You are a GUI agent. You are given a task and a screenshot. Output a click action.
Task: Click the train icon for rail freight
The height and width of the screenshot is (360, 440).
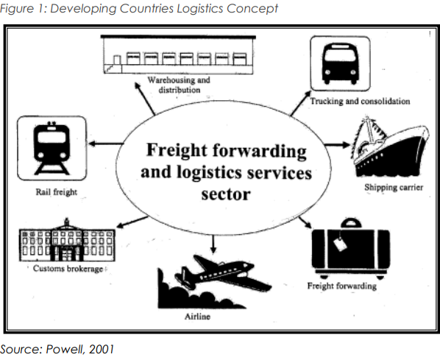(52, 148)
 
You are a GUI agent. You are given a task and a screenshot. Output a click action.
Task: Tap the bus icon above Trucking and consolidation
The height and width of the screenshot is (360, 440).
(340, 63)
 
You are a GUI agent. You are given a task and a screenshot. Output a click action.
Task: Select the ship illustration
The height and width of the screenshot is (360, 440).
(390, 147)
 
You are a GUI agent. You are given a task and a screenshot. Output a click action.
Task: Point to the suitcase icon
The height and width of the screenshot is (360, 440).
(351, 250)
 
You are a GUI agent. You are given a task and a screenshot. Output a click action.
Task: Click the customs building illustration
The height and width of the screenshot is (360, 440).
(67, 240)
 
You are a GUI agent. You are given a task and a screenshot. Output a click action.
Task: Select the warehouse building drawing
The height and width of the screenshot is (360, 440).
(178, 54)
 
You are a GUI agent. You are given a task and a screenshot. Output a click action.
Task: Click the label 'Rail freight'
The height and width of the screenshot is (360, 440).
(57, 192)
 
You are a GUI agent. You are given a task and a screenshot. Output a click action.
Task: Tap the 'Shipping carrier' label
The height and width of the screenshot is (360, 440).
(394, 187)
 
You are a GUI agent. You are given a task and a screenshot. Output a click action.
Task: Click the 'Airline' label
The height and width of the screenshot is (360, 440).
(197, 317)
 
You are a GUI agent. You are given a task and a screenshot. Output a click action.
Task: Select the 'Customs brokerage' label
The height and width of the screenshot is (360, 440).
(68, 269)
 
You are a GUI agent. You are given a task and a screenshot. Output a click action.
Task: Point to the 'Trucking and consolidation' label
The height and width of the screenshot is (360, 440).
(360, 101)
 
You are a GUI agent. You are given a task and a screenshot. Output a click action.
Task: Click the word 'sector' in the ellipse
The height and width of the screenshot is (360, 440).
(226, 194)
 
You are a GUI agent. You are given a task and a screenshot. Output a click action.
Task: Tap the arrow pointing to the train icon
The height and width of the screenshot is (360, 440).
(106, 144)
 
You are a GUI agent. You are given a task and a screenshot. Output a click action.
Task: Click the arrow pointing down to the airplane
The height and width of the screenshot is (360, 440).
(213, 244)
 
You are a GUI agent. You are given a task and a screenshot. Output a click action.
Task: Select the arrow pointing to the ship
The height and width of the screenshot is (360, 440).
(338, 145)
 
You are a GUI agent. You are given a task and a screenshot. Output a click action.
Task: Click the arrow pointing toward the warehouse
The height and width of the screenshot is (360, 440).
(144, 99)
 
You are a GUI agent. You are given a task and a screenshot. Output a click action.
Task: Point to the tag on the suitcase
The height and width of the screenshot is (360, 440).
(340, 244)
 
